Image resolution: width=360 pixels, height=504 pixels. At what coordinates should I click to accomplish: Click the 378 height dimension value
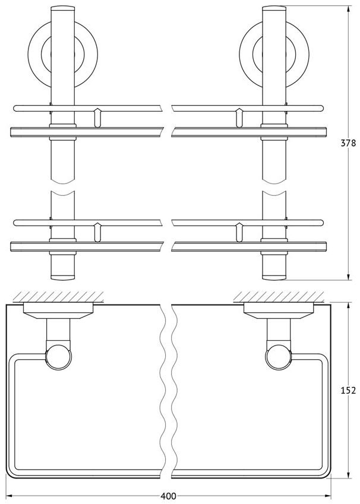click(x=349, y=142)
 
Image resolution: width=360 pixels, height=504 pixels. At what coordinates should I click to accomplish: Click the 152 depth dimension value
click(x=349, y=390)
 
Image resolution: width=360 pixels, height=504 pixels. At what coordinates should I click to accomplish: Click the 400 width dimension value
click(x=168, y=496)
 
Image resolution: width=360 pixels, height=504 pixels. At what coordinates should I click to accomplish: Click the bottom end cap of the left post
click(x=63, y=277)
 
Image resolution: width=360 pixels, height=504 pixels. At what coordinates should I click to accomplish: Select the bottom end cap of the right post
click(x=274, y=277)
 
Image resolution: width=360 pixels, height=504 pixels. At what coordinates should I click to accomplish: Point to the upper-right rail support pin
click(x=239, y=118)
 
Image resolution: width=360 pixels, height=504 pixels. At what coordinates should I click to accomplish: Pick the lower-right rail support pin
click(x=239, y=232)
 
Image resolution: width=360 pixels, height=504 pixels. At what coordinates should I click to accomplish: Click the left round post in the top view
click(x=59, y=357)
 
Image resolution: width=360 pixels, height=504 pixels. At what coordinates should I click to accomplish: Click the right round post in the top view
click(x=279, y=357)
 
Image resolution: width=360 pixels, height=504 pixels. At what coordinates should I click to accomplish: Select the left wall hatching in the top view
click(x=58, y=297)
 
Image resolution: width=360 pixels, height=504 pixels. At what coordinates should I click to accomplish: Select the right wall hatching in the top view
click(x=279, y=297)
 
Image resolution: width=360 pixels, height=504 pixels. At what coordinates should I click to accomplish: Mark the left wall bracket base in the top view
click(x=58, y=311)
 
